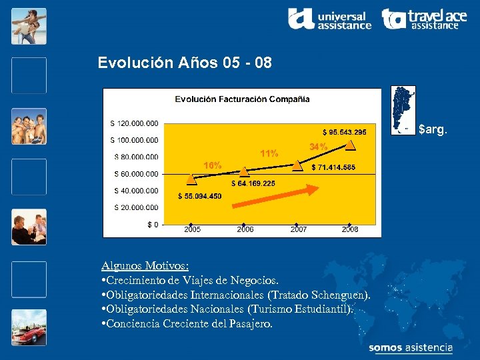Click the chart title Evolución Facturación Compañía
pyautogui.click(x=242, y=99)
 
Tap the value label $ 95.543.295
pyautogui.click(x=344, y=132)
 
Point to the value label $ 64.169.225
pyautogui.click(x=253, y=183)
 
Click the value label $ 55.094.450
pyautogui.click(x=200, y=196)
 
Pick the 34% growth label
pyautogui.click(x=319, y=147)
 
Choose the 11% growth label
pyautogui.click(x=269, y=154)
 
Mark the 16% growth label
pyautogui.click(x=213, y=165)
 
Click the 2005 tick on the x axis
pyautogui.click(x=192, y=229)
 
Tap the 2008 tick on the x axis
pyautogui.click(x=350, y=229)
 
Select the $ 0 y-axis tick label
pyautogui.click(x=153, y=224)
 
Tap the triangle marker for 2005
pyautogui.click(x=191, y=179)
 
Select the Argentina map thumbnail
pyautogui.click(x=403, y=110)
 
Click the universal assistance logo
pyautogui.click(x=329, y=19)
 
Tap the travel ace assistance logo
pyautogui.click(x=425, y=19)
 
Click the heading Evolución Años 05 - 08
pyautogui.click(x=185, y=63)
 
